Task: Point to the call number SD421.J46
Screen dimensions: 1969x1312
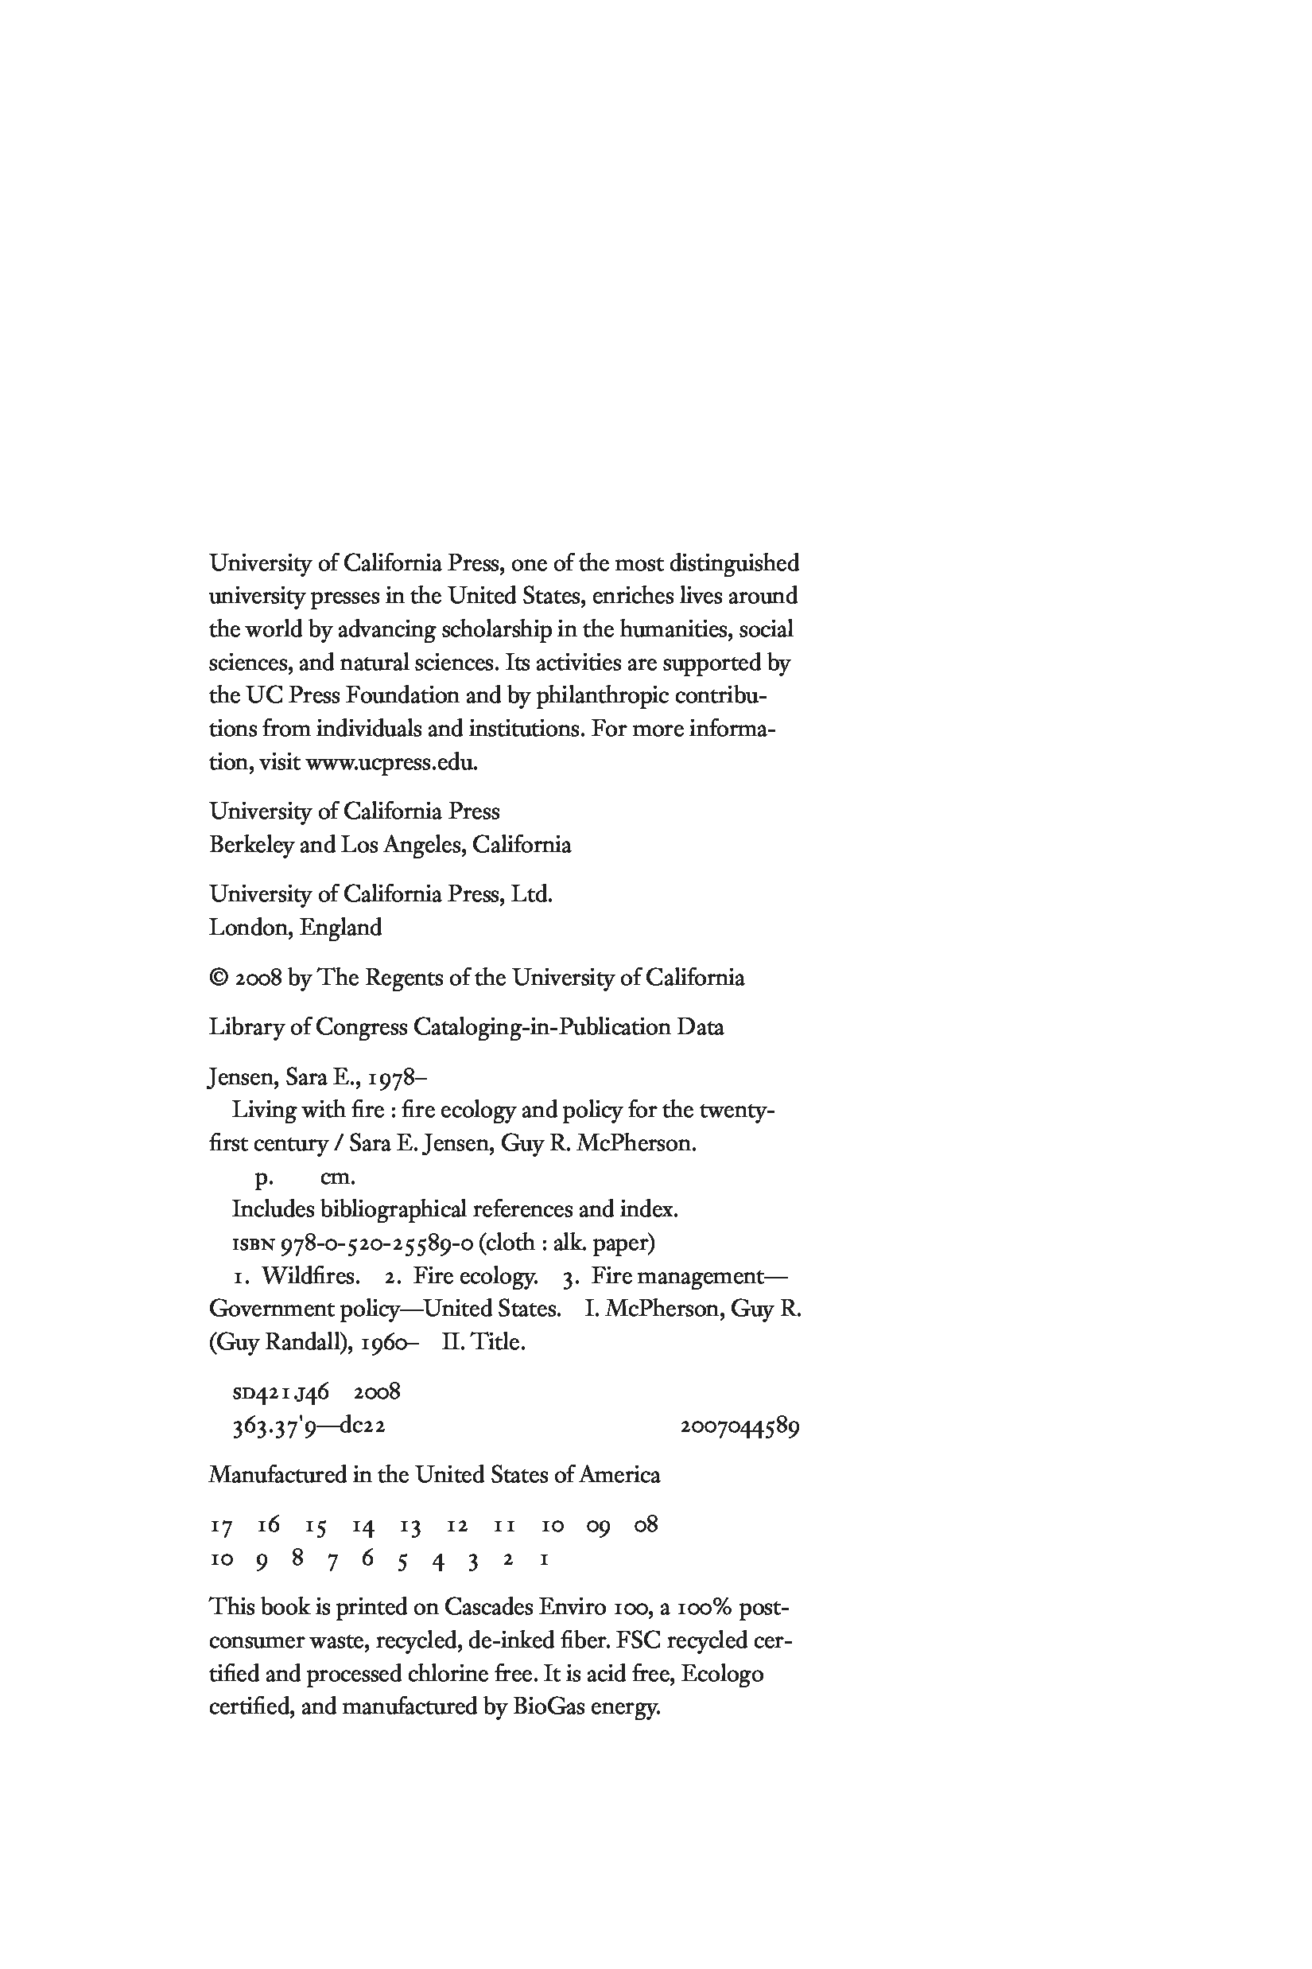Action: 281,1392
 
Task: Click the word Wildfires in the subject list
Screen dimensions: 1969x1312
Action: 310,1276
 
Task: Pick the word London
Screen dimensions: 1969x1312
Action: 250,928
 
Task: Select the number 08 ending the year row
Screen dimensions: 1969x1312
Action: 646,1525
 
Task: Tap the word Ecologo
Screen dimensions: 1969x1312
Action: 722,1674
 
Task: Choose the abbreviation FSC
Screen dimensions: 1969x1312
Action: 639,1640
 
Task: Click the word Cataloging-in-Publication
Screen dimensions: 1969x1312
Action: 541,1027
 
